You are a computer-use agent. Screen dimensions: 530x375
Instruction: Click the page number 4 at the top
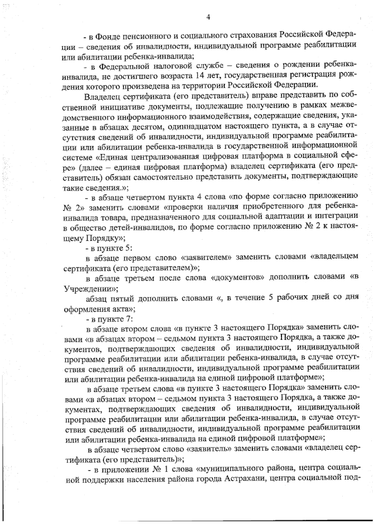(208, 17)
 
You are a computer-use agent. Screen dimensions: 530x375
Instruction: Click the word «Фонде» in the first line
(108, 35)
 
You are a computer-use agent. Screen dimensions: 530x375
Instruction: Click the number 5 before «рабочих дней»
(272, 298)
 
